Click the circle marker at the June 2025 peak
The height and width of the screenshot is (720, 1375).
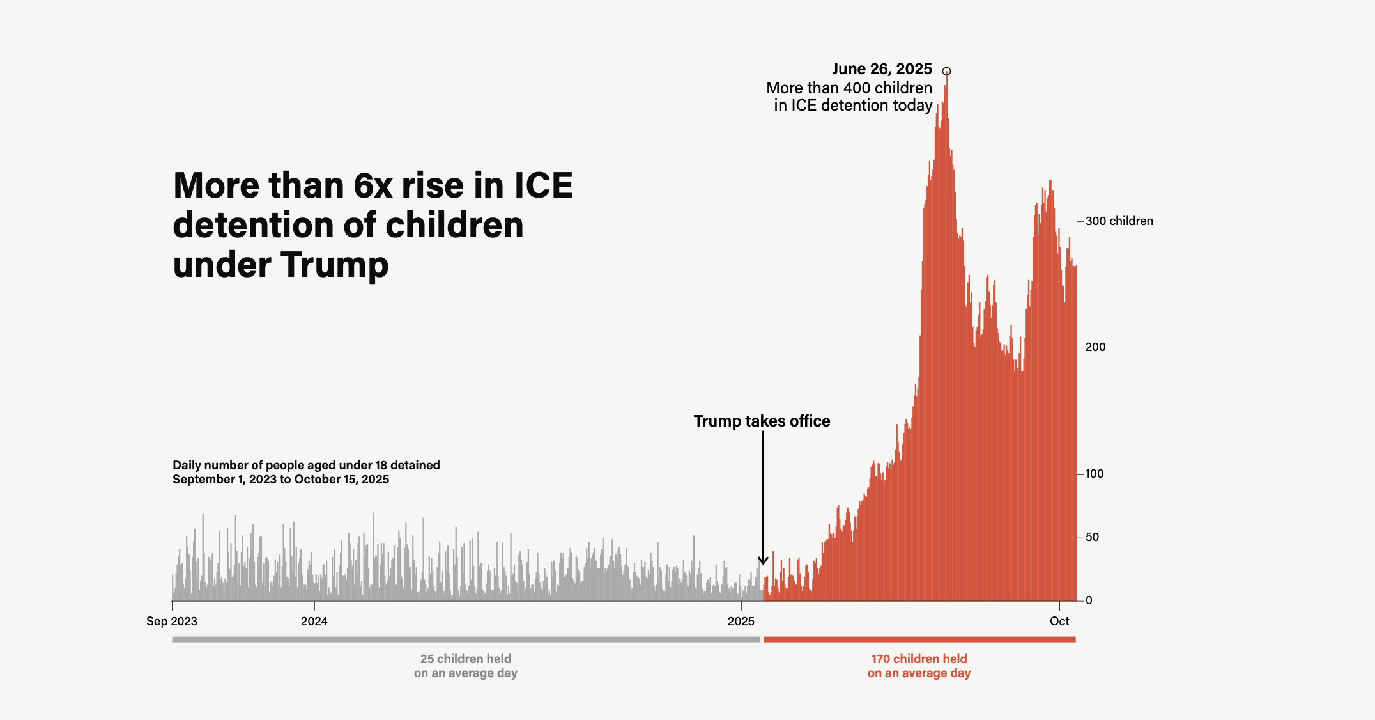[946, 71]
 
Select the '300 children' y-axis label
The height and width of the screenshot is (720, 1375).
[1119, 221]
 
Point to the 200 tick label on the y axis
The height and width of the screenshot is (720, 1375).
[1095, 347]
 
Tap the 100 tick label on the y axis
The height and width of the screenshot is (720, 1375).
[1095, 474]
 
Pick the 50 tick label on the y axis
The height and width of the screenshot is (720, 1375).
[1092, 537]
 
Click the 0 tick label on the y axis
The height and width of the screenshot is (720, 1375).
[1089, 600]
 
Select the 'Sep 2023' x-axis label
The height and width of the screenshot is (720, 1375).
[172, 622]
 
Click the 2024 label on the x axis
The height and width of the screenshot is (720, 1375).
[314, 622]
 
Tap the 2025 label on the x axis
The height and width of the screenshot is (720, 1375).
[741, 622]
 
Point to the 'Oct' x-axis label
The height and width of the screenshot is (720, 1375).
[1059, 622]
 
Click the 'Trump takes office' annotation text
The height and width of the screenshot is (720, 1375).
[762, 421]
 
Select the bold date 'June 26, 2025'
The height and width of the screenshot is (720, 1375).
[882, 69]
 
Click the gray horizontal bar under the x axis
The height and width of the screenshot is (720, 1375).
[466, 639]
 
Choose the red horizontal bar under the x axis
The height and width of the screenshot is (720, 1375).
[919, 639]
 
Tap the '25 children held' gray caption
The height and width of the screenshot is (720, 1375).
[466, 659]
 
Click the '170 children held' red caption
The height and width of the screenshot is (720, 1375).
[919, 659]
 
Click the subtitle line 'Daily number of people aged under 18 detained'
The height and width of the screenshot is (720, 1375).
[306, 466]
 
